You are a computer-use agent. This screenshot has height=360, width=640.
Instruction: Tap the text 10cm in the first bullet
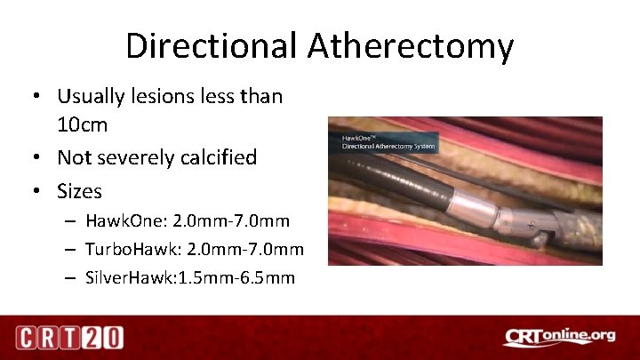click(x=82, y=124)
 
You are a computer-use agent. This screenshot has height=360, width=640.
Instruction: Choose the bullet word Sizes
click(x=79, y=190)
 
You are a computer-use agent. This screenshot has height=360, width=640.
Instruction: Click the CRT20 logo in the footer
click(x=68, y=337)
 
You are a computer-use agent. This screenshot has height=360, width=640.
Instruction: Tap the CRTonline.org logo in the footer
click(x=557, y=337)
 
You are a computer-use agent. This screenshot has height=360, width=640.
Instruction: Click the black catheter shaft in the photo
click(x=391, y=182)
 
